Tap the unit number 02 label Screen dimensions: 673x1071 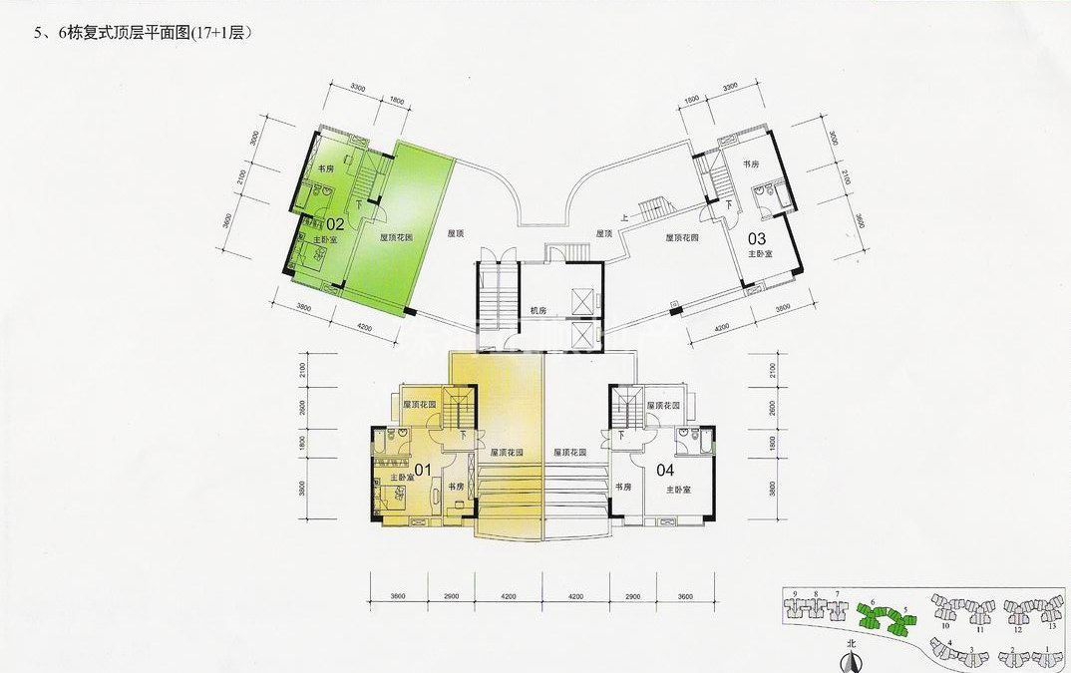point(335,224)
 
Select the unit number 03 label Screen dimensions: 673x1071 point(757,237)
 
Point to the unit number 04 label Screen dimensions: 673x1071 point(666,470)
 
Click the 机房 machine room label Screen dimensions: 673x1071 point(539,311)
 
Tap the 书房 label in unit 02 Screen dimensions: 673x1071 point(325,169)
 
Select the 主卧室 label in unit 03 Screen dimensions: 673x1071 point(761,254)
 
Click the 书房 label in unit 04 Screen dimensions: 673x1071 point(623,487)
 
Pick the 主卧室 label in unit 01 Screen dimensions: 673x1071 point(402,479)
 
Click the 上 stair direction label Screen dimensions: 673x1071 point(624,216)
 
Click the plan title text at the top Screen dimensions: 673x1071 point(142,32)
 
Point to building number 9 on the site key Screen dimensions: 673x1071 point(795,594)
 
